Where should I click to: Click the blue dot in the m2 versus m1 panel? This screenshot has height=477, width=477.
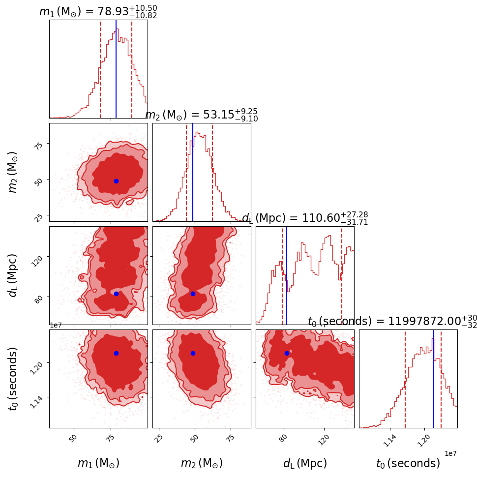116,181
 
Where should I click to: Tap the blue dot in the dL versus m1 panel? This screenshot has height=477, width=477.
116,294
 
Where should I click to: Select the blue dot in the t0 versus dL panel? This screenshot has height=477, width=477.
287,353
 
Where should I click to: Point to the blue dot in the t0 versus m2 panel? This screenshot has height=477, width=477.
193,353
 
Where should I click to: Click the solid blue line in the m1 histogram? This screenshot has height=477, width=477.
116,69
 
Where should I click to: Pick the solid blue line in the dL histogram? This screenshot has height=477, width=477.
287,275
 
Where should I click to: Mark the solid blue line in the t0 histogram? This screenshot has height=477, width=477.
434,379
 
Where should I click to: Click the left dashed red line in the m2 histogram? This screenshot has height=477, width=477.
186,172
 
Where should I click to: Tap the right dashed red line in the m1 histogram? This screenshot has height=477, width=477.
132,69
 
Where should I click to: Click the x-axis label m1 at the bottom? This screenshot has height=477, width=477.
98,463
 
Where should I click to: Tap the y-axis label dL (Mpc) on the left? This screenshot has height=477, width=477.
13,275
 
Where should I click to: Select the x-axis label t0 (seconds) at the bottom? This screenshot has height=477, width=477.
408,463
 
